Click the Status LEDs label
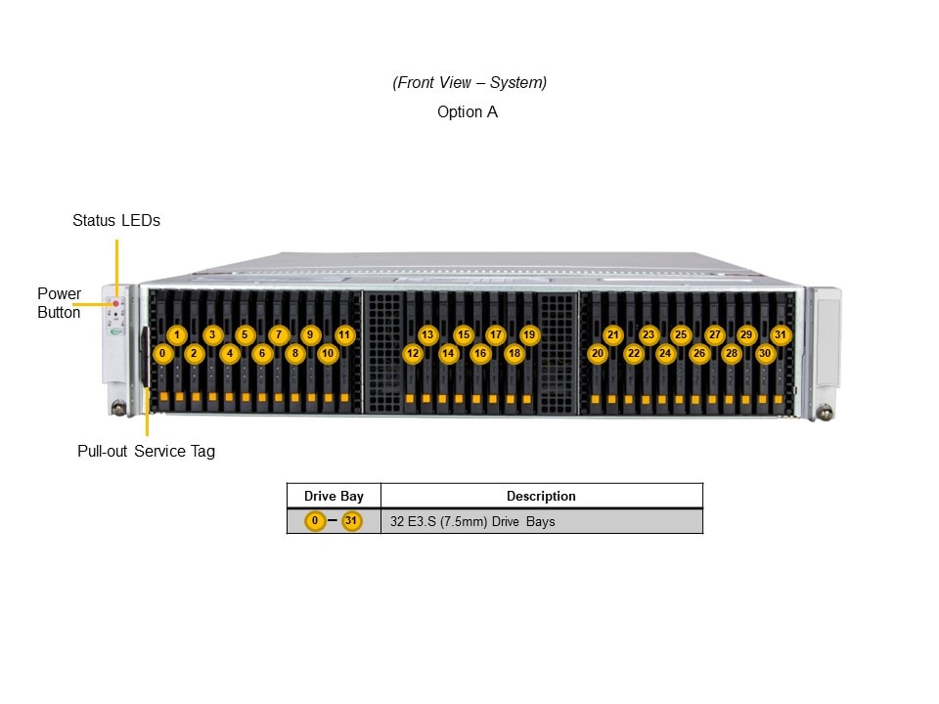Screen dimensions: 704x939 (x=115, y=221)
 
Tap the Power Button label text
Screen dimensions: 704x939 (x=59, y=303)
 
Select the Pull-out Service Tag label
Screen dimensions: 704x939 (x=146, y=452)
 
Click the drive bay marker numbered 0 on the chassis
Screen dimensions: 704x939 (x=163, y=353)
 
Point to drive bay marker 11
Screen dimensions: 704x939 (x=344, y=334)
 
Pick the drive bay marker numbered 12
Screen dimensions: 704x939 (x=413, y=353)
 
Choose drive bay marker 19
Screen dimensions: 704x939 (x=529, y=334)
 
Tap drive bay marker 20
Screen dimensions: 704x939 (x=598, y=353)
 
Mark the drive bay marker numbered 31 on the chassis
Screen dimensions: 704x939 (x=780, y=334)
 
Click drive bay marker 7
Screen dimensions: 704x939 (x=278, y=334)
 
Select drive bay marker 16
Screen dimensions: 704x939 (x=479, y=353)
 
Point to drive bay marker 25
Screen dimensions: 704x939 (x=681, y=334)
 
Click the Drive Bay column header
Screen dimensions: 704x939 (x=334, y=497)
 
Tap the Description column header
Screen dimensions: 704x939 (x=541, y=497)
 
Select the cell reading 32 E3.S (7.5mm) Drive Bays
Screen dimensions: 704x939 (x=472, y=522)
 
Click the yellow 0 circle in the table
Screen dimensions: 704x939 (x=314, y=522)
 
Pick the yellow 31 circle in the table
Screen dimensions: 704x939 (x=352, y=522)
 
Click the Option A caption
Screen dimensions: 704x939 (x=468, y=112)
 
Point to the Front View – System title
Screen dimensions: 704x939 (x=469, y=83)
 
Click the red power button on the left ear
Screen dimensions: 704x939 (x=115, y=304)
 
